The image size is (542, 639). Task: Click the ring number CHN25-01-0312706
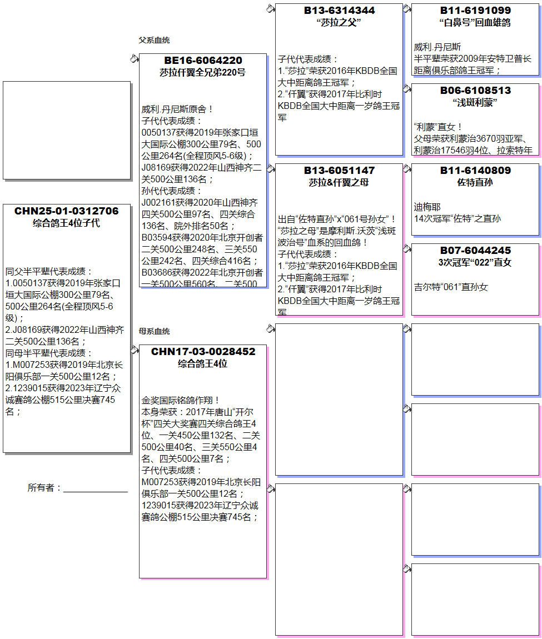67,211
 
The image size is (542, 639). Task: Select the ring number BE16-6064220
203,61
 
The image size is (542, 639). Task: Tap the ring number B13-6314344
339,11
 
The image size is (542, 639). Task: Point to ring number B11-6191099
475,11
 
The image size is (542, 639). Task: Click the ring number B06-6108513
475,91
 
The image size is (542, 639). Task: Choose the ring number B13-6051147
339,171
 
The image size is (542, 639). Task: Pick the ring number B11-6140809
475,171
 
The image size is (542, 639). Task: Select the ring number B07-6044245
475,251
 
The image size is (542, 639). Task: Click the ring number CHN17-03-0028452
203,352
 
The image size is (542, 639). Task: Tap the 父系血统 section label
154,40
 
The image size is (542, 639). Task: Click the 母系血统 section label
154,331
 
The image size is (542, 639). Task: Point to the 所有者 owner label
44,488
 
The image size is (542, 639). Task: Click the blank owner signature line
95,489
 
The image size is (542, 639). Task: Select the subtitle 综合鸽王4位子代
67,223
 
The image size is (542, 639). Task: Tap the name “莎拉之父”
339,23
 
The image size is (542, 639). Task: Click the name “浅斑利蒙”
475,103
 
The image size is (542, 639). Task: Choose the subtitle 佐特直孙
475,182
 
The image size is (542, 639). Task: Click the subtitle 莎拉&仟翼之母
339,182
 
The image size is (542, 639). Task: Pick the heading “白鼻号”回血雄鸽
475,23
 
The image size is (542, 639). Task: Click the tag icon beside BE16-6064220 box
134,58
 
